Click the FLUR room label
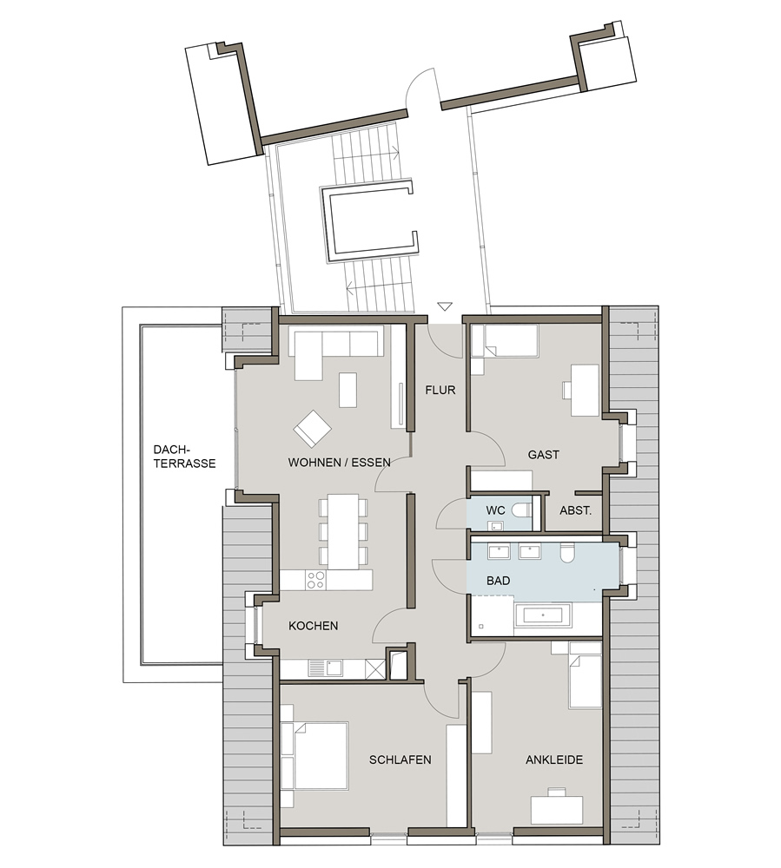[x=440, y=390]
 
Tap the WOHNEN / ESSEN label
[x=339, y=463]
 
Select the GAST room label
[x=543, y=455]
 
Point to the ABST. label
[x=575, y=510]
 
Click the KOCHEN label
[x=313, y=626]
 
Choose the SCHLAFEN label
[x=400, y=759]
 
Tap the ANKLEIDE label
[x=554, y=759]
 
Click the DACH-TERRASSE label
[x=184, y=457]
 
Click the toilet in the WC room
[x=521, y=510]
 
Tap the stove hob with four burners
[x=315, y=580]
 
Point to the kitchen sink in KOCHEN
[x=326, y=668]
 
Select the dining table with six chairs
[x=343, y=531]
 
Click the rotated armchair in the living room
[x=313, y=429]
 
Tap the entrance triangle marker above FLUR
[x=445, y=306]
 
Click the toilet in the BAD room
[x=567, y=553]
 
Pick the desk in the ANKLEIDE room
[x=557, y=809]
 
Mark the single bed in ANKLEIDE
[x=585, y=674]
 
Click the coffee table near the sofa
[x=347, y=390]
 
